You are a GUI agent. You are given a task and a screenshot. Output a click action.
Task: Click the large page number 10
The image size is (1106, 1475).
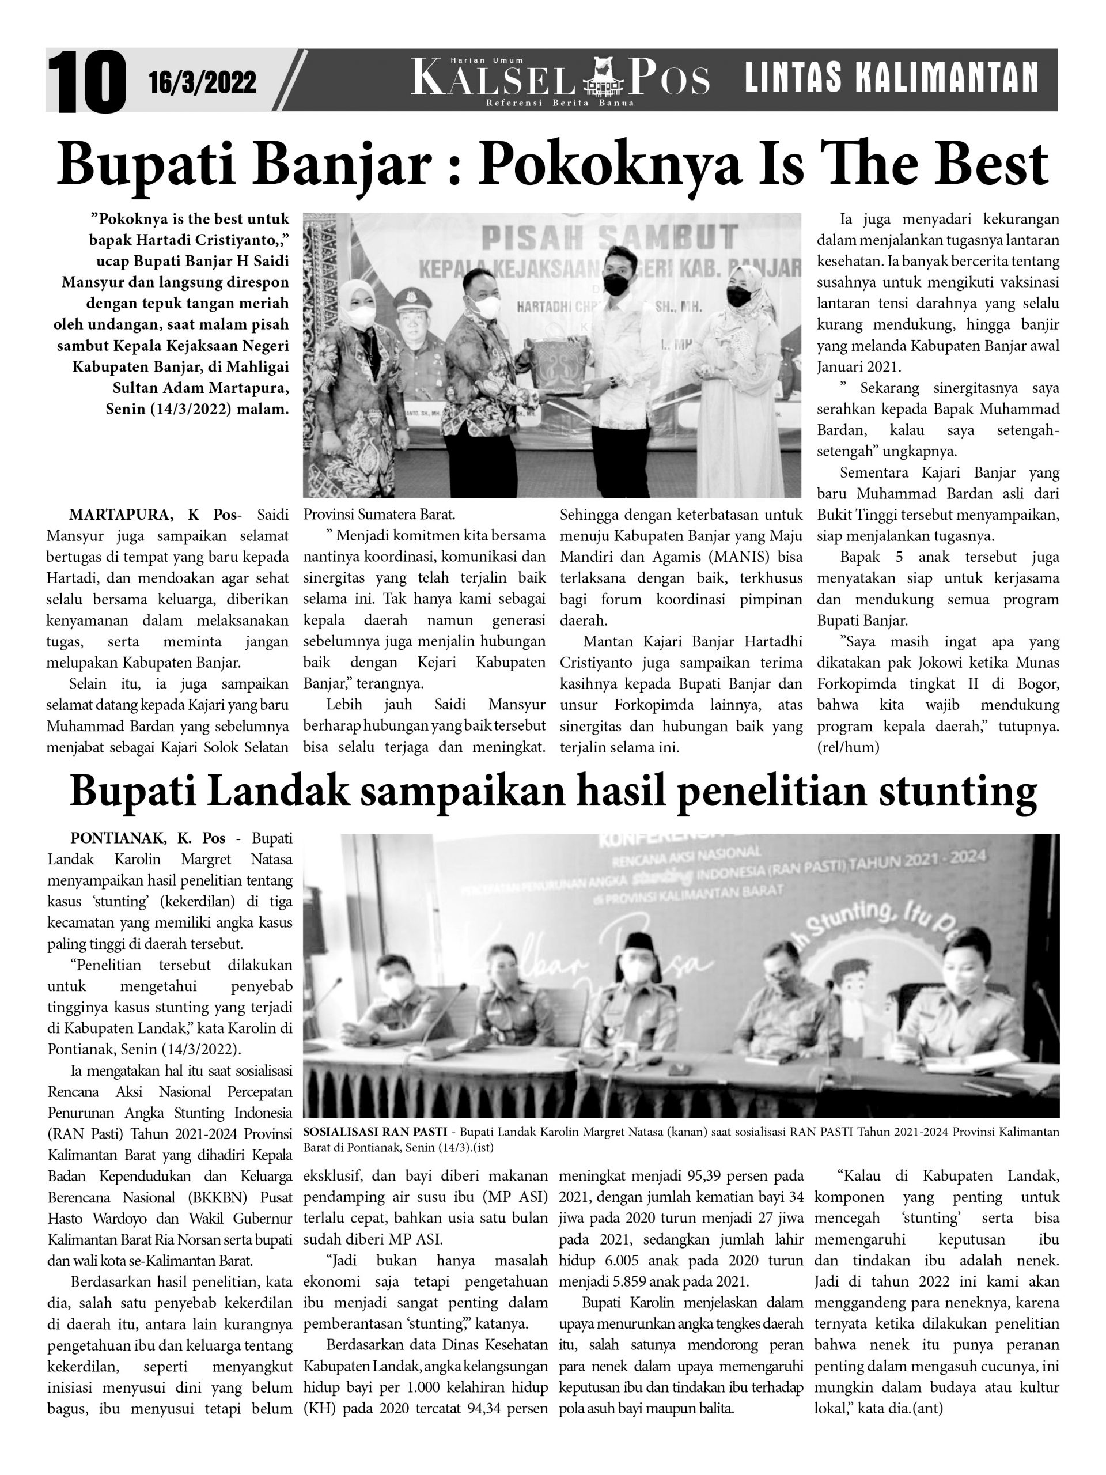86,82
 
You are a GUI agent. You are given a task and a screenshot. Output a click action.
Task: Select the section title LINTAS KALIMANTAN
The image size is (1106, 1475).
891,78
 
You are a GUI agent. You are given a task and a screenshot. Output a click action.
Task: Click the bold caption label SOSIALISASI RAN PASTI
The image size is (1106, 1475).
374,1132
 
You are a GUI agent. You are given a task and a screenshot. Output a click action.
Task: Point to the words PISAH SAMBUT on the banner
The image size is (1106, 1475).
609,238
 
